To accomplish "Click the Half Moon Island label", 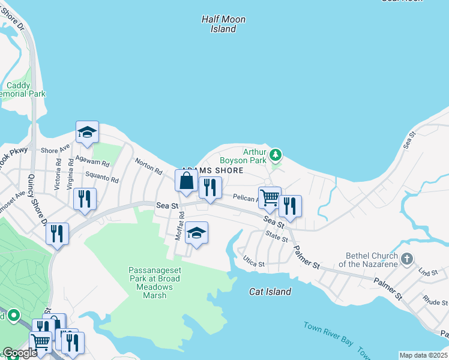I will coord(223,24).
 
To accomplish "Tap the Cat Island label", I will coord(270,292).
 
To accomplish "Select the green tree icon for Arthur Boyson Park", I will coord(276,155).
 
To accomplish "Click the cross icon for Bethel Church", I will coord(407,259).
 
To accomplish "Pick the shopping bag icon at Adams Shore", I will coord(187,181).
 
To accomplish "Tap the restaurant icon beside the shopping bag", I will coord(210,187).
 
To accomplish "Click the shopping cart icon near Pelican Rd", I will coord(270,197).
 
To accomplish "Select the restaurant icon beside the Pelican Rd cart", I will coord(290,206).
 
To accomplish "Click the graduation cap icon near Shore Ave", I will coord(87,133).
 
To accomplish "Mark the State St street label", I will coord(277,238).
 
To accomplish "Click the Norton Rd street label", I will coord(149,170).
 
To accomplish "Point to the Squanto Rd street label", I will coord(101,178).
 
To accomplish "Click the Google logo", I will coord(20,353).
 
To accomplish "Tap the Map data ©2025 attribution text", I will coord(423,355).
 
